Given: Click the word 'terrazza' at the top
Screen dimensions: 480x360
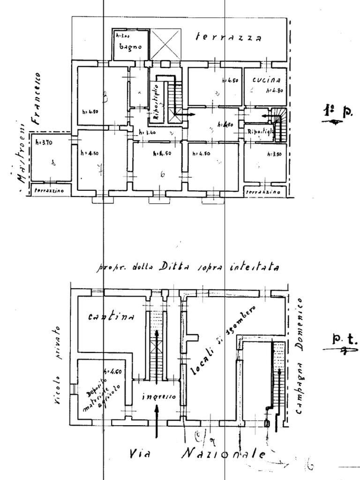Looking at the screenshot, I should tap(229, 37).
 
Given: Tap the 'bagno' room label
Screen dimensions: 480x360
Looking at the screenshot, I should tap(127, 46).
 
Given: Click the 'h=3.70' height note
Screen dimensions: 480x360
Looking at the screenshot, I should tap(44, 141).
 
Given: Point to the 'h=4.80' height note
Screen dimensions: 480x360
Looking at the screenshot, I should tap(275, 90).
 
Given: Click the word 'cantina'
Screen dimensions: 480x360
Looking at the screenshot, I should tap(111, 317).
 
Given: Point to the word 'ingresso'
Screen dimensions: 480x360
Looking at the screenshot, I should tap(158, 397).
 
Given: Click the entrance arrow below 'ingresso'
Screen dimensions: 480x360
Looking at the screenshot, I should tap(157, 415).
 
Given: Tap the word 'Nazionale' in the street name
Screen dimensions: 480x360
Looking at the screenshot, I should tap(224, 454).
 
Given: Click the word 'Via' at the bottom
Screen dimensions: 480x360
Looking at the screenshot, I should tap(143, 454).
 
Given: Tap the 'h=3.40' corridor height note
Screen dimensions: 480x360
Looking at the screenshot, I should tap(148, 133).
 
